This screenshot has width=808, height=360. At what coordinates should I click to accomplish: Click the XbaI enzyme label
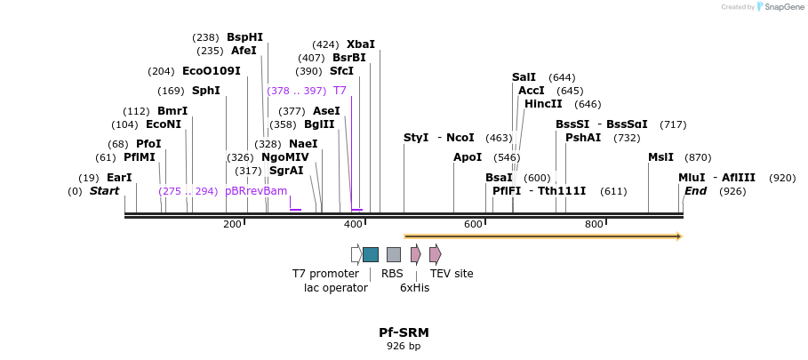pyautogui.click(x=361, y=44)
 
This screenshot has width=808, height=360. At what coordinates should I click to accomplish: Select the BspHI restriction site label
pyautogui.click(x=244, y=37)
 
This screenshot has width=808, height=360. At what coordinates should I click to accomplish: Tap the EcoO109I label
pyautogui.click(x=212, y=71)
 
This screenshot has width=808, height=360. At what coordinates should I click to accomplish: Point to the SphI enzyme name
pyautogui.click(x=206, y=91)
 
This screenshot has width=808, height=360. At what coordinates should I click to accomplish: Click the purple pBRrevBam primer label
pyautogui.click(x=256, y=191)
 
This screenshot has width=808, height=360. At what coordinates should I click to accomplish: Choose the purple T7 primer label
pyautogui.click(x=340, y=91)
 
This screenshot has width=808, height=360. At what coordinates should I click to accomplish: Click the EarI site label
pyautogui.click(x=119, y=178)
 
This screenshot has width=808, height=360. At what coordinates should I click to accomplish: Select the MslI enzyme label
pyautogui.click(x=660, y=157)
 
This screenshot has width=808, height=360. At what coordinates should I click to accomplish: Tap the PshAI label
pyautogui.click(x=583, y=138)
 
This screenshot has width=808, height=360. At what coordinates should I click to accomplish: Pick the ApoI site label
pyautogui.click(x=468, y=157)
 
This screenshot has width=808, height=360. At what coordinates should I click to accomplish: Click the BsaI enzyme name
pyautogui.click(x=499, y=178)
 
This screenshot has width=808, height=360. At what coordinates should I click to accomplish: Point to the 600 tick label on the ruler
pyautogui.click(x=473, y=224)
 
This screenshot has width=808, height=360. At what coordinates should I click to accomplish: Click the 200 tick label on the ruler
pyautogui.click(x=232, y=224)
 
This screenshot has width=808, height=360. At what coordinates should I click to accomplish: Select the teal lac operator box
pyautogui.click(x=371, y=254)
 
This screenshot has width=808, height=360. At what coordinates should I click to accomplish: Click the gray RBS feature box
pyautogui.click(x=394, y=254)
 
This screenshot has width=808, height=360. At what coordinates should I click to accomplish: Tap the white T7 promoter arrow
pyautogui.click(x=356, y=254)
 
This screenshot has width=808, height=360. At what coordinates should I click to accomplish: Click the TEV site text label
pyautogui.click(x=452, y=274)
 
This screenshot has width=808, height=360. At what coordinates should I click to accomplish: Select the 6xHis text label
pyautogui.click(x=414, y=288)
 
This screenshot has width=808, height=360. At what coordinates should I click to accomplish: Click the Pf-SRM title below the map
pyautogui.click(x=404, y=332)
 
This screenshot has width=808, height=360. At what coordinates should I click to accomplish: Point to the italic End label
pyautogui.click(x=695, y=191)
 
